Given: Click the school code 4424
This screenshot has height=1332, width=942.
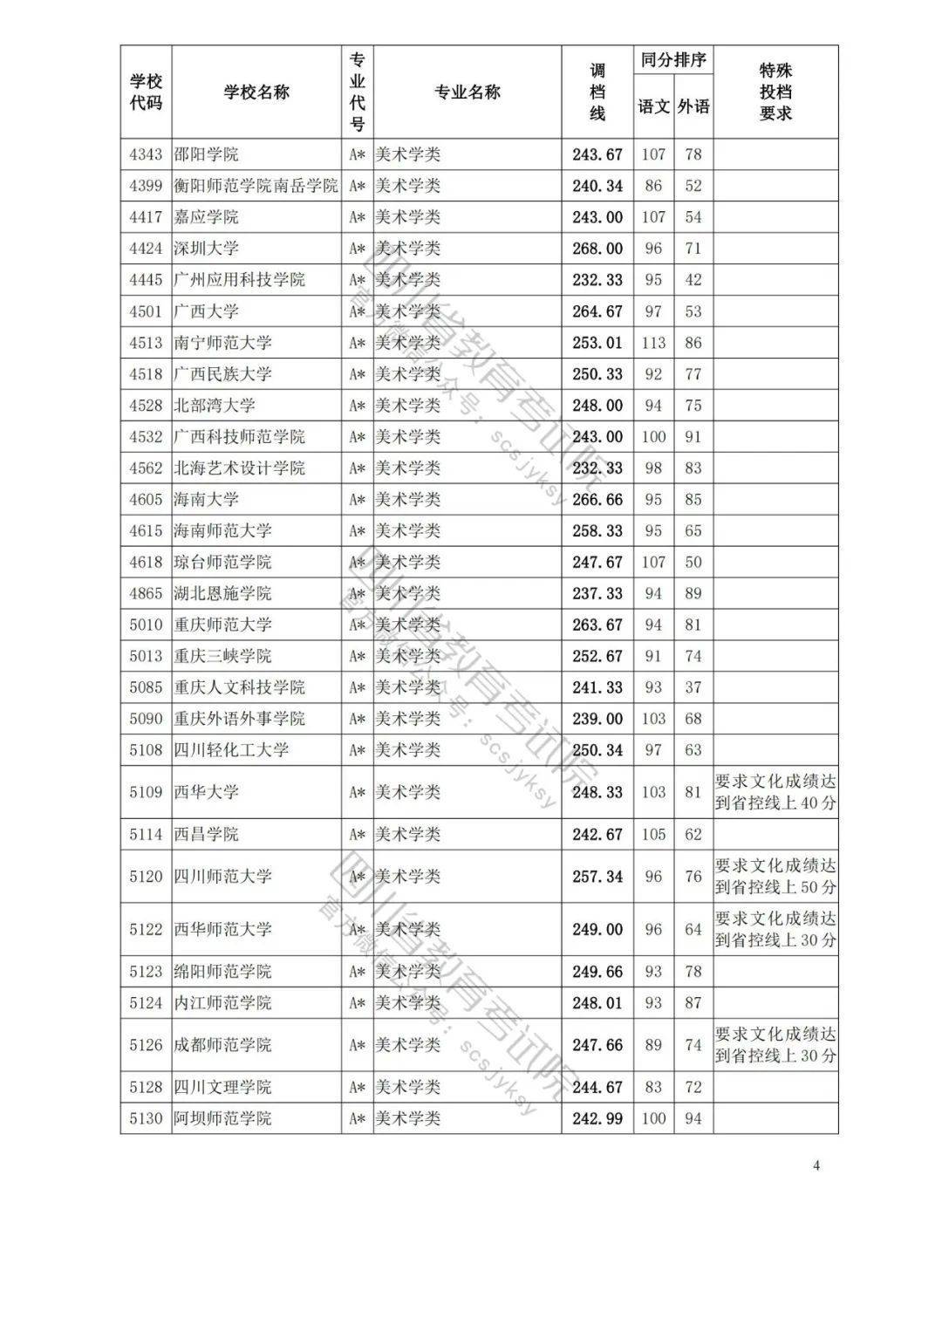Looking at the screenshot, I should [x=146, y=249].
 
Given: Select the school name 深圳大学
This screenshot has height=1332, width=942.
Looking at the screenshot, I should [x=206, y=249].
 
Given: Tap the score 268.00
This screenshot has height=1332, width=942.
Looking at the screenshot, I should [x=597, y=249].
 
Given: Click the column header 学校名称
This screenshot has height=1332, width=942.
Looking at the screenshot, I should [x=256, y=92].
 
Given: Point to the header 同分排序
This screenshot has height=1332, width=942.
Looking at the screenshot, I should [x=673, y=60].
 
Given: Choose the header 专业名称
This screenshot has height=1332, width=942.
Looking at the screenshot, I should [x=468, y=92].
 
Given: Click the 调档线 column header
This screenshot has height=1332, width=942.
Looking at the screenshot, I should [x=597, y=92].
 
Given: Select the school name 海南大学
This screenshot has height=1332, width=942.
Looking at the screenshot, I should [x=206, y=500].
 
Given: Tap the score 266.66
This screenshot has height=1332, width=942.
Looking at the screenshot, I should [x=597, y=500].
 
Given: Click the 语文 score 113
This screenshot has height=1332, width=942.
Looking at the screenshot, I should [x=653, y=343].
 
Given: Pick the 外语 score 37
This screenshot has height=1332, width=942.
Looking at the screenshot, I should [x=693, y=687].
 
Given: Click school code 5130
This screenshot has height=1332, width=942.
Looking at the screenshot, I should [x=146, y=1118].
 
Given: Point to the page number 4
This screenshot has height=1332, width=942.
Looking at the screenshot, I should [x=816, y=1165].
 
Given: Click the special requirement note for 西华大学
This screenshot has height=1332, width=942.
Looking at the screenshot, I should [x=775, y=792].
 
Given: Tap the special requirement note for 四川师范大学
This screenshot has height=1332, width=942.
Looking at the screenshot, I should [x=775, y=877].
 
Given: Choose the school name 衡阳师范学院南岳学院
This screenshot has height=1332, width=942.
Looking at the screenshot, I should [x=256, y=186].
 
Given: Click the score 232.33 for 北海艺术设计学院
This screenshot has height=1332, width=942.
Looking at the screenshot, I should [x=597, y=468].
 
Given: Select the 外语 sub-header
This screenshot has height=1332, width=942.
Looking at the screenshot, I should [x=693, y=106].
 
